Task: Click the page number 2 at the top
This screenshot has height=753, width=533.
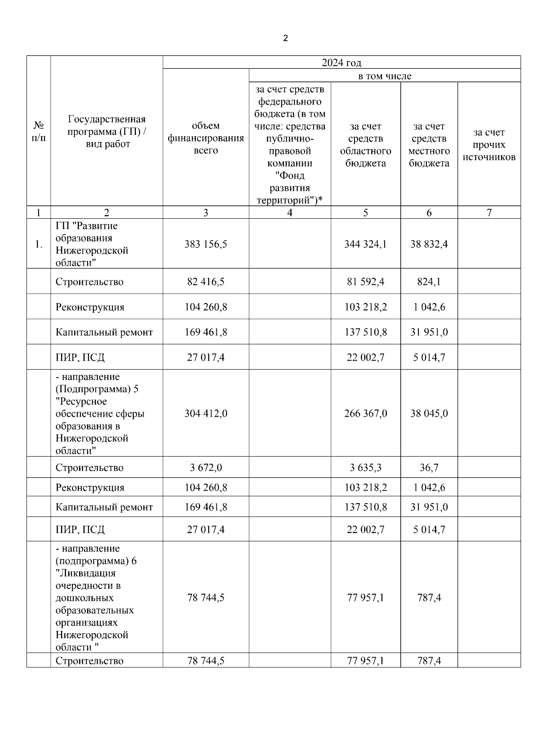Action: pyautogui.click(x=285, y=39)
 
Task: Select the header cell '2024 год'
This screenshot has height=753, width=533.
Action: pyautogui.click(x=341, y=63)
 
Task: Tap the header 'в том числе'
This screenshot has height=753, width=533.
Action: pyautogui.click(x=385, y=76)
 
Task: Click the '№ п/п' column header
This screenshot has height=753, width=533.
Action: pyautogui.click(x=39, y=132)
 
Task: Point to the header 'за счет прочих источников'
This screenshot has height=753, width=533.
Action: pyautogui.click(x=489, y=145)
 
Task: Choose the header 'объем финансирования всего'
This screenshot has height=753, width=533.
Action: pyautogui.click(x=206, y=138)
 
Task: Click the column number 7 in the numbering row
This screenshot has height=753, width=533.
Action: pyautogui.click(x=489, y=213)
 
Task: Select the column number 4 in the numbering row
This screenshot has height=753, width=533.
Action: pyautogui.click(x=290, y=213)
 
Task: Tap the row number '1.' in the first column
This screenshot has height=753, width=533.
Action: pyautogui.click(x=39, y=244)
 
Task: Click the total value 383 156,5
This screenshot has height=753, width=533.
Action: pyautogui.click(x=206, y=244)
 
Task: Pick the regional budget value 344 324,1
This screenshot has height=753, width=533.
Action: pyautogui.click(x=366, y=244)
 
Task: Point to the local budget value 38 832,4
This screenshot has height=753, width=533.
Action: pyautogui.click(x=429, y=244)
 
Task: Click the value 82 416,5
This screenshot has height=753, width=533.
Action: pyautogui.click(x=206, y=282)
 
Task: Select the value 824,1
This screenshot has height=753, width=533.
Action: pyautogui.click(x=429, y=282)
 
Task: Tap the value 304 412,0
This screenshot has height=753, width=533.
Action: pyautogui.click(x=206, y=414)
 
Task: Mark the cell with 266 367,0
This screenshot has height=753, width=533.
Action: pyautogui.click(x=366, y=414)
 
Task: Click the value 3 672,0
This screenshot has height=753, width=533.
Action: pyautogui.click(x=206, y=468)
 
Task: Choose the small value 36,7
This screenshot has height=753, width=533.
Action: pyautogui.click(x=429, y=468)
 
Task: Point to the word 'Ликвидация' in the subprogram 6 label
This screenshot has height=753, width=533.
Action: pyautogui.click(x=86, y=573)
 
